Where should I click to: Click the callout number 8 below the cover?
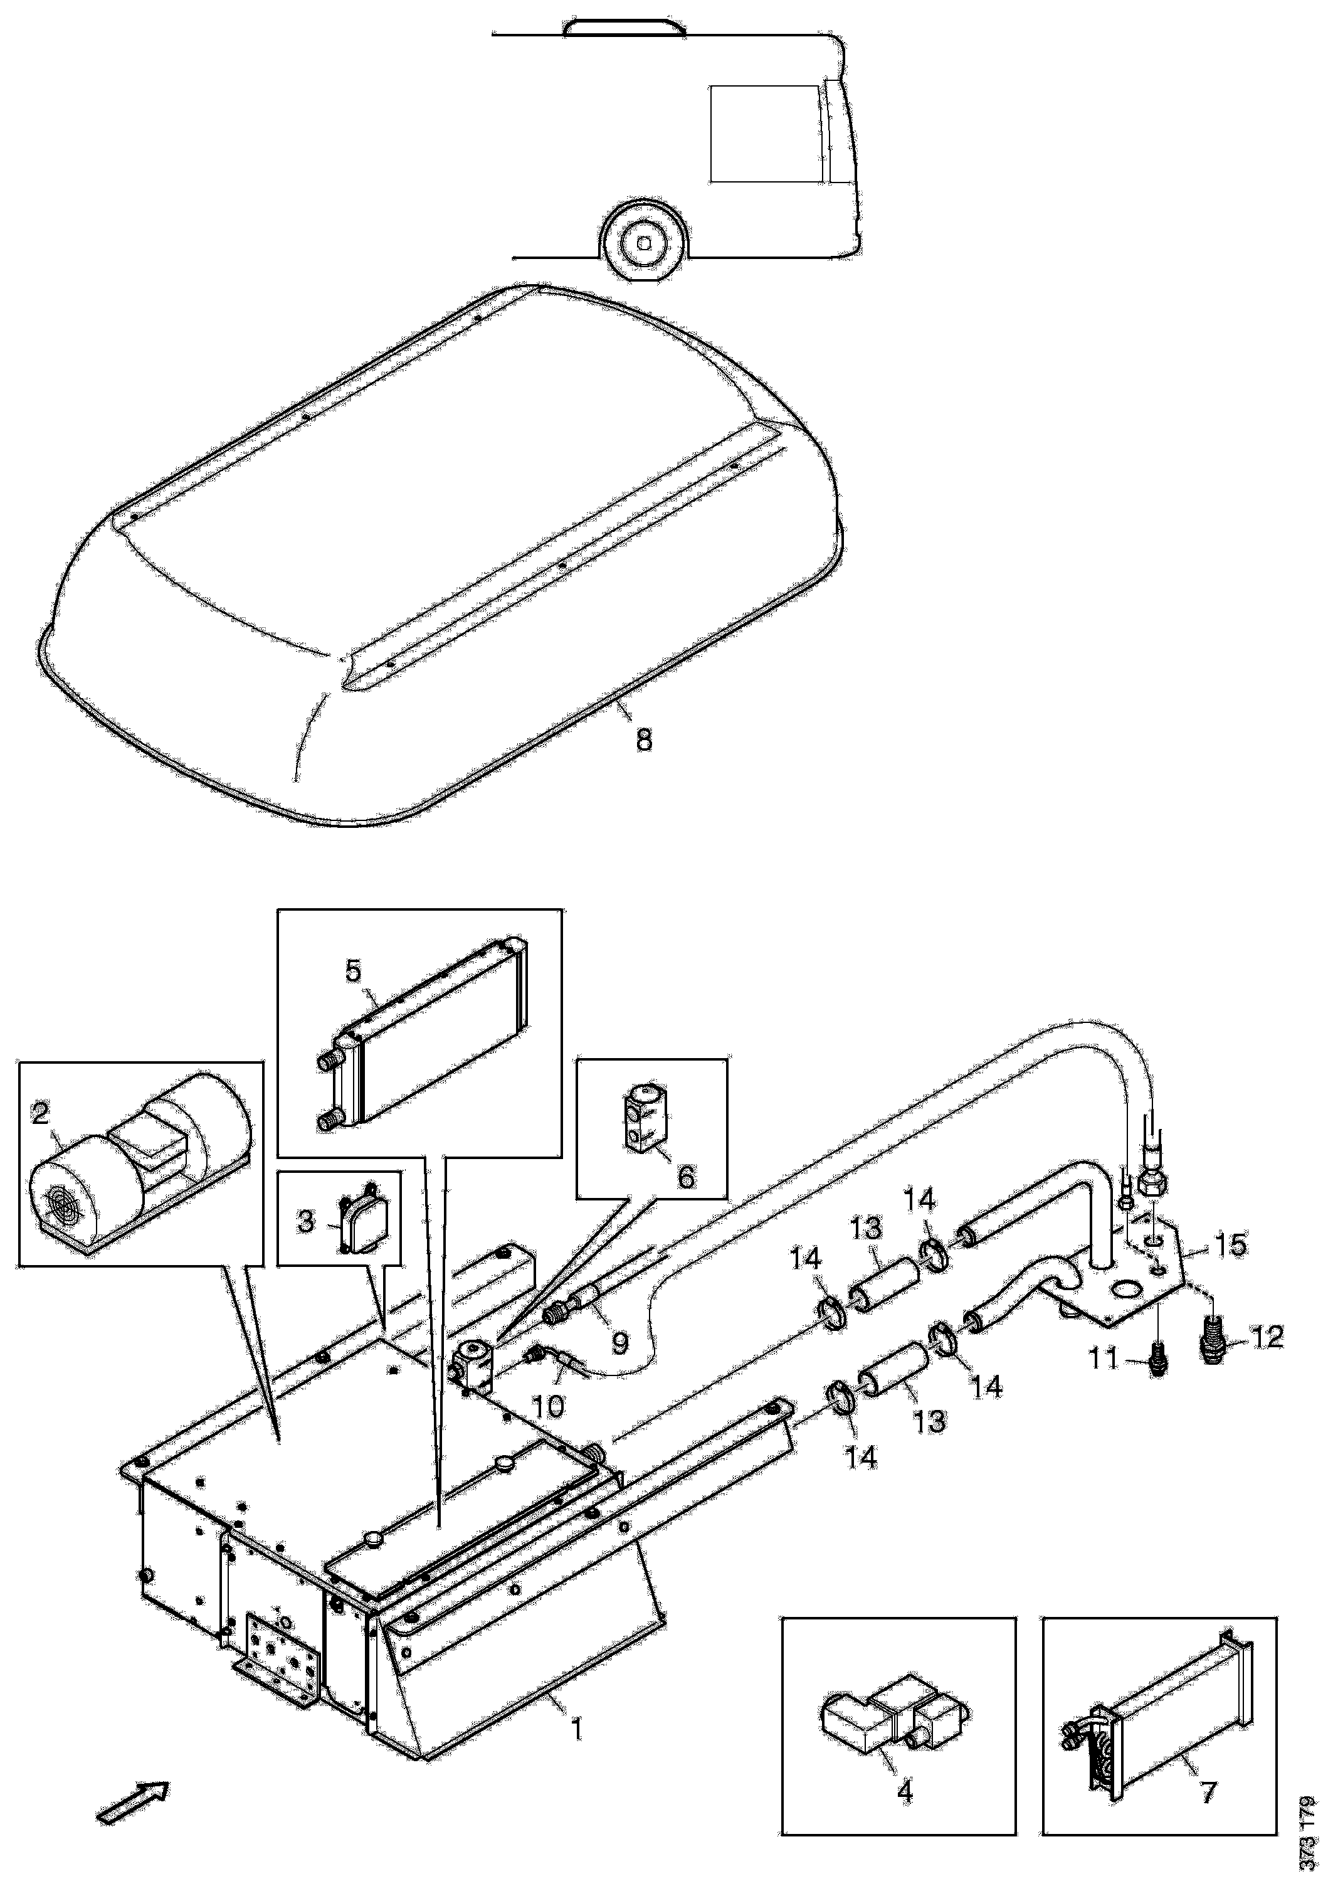coord(644,740)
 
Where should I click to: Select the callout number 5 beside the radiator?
coord(352,972)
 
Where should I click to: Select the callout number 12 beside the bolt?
coord(1265,1337)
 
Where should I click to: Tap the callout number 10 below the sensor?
coord(548,1406)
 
